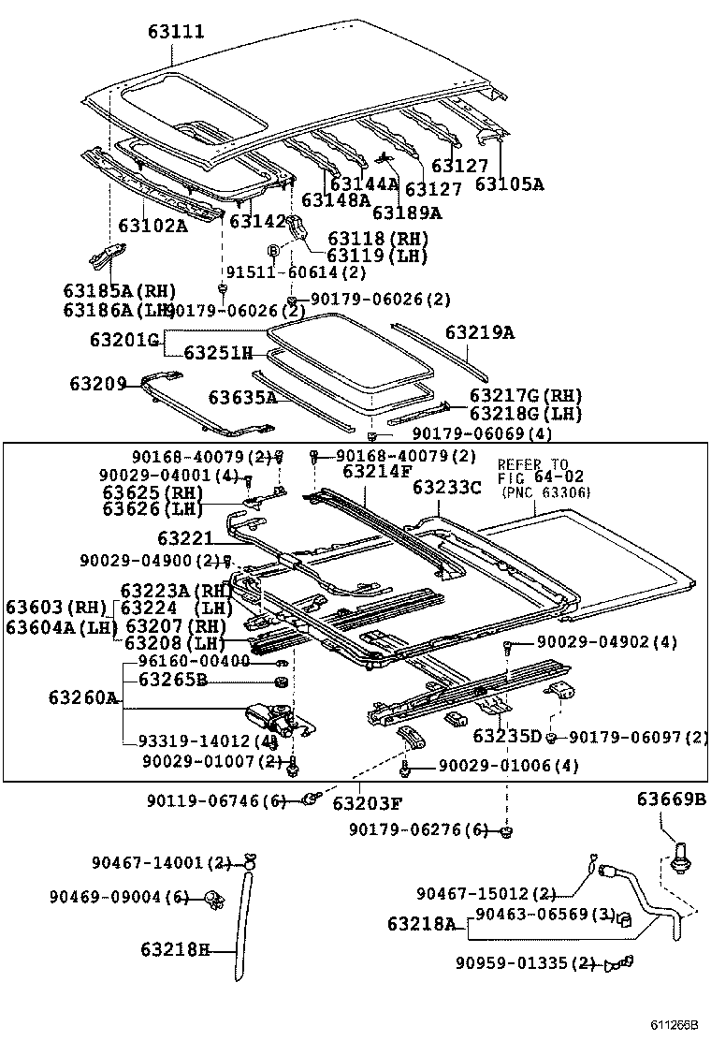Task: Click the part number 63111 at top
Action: (x=175, y=32)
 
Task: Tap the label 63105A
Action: (x=508, y=184)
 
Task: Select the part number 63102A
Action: (x=152, y=226)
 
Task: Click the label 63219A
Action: (x=479, y=332)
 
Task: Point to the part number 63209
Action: (x=97, y=384)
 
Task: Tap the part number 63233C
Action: (x=447, y=488)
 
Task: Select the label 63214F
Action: (x=376, y=472)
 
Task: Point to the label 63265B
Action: (x=173, y=680)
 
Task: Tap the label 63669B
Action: (x=672, y=799)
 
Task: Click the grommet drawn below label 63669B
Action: (x=680, y=854)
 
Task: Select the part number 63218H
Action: (x=176, y=949)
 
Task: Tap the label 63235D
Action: (x=507, y=737)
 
